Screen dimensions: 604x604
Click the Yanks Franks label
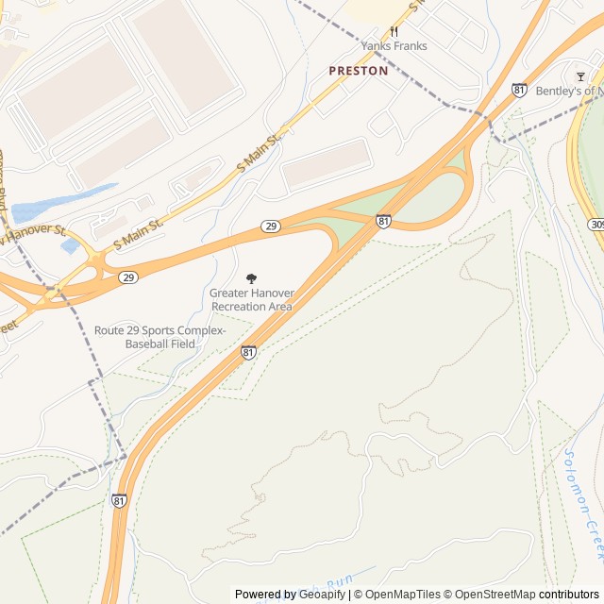tap(394, 46)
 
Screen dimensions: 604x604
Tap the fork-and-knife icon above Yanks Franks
tap(394, 31)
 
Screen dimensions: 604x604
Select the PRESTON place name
tap(358, 71)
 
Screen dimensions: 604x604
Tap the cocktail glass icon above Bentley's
tap(580, 75)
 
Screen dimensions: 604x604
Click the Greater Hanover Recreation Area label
tap(251, 300)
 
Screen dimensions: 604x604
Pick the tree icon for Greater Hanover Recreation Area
tap(251, 278)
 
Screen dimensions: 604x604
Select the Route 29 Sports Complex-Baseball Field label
tap(159, 337)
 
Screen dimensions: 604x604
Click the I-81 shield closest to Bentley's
tap(520, 90)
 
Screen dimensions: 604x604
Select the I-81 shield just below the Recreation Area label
tap(248, 352)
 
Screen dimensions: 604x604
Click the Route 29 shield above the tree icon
tap(271, 226)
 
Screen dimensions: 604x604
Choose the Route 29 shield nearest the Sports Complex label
tap(127, 277)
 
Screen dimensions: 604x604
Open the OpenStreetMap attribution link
tap(488, 595)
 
